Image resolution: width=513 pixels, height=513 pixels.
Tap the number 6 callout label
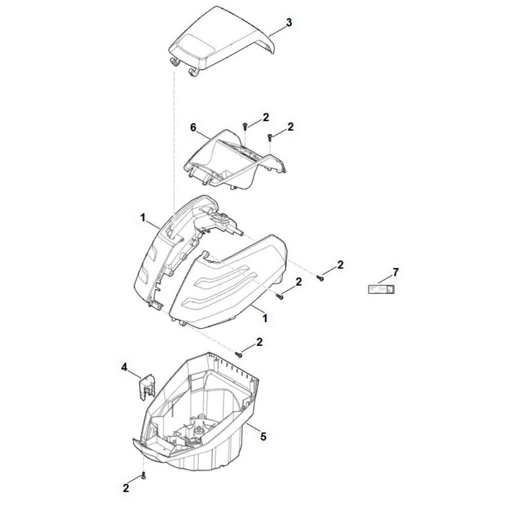193,127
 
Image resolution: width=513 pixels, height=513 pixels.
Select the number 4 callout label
124,367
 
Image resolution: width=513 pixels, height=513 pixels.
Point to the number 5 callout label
263,436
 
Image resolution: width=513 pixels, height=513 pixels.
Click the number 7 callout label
396,272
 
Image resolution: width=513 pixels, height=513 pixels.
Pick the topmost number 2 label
266,117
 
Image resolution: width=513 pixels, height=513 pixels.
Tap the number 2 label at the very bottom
126,488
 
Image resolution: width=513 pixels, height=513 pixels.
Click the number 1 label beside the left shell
143,218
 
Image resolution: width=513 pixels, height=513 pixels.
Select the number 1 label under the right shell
265,319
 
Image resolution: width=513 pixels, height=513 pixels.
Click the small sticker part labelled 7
381,289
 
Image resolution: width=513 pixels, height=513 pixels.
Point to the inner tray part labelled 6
235,160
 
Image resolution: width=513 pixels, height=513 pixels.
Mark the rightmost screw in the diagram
320,278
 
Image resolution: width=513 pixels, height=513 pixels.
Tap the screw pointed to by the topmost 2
245,126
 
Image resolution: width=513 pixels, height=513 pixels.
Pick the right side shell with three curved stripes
229,281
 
